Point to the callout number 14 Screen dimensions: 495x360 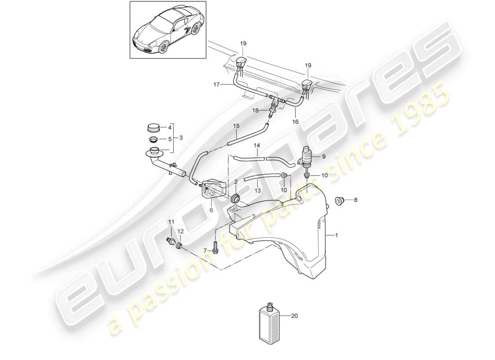[257, 146]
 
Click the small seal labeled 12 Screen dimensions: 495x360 [180, 245]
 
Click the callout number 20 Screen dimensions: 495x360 [295, 316]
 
